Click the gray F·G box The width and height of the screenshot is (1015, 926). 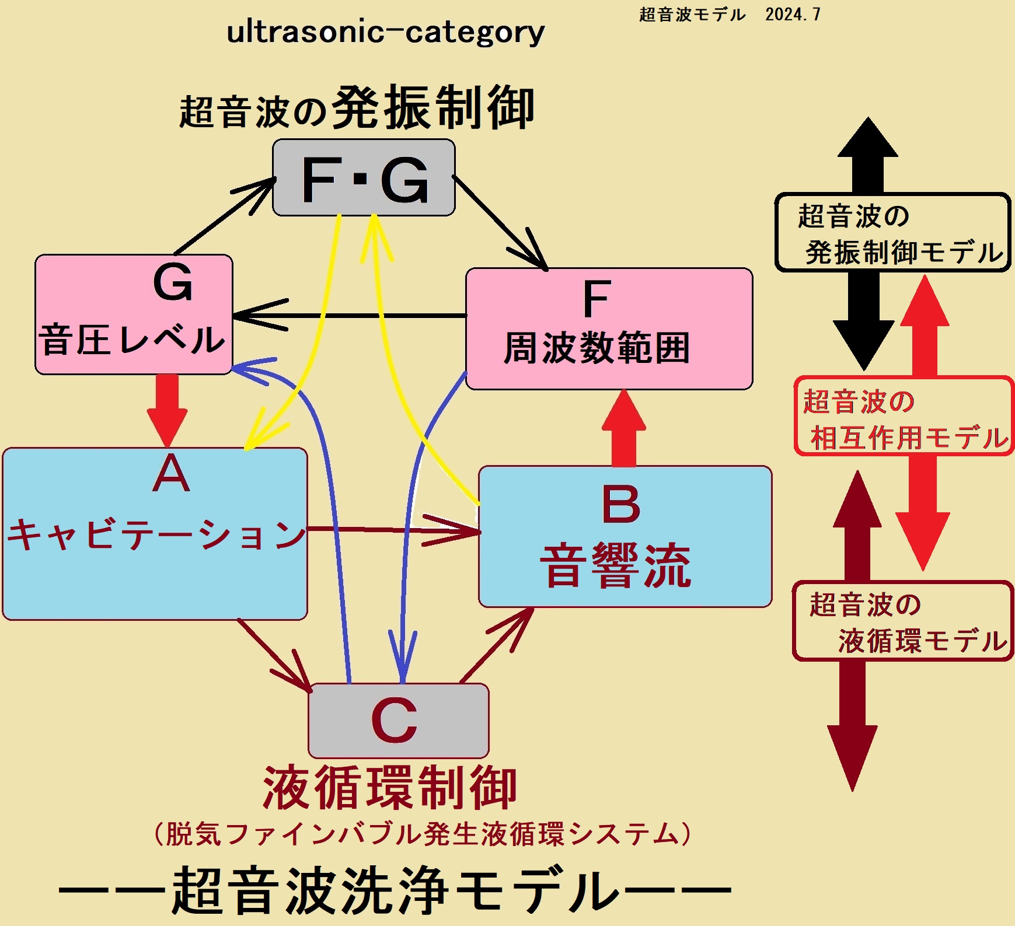click(364, 178)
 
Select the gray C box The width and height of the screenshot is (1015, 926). click(399, 721)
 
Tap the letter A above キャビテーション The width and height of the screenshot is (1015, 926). click(170, 474)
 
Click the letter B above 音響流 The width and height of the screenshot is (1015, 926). click(620, 504)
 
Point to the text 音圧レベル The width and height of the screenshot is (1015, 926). click(132, 340)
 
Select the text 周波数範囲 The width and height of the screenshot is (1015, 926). click(597, 348)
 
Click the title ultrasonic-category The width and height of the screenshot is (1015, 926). click(385, 32)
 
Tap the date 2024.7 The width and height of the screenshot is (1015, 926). click(793, 15)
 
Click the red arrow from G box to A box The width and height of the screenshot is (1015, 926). click(168, 408)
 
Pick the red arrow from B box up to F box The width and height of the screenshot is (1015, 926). click(623, 429)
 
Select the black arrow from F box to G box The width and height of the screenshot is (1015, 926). click(350, 316)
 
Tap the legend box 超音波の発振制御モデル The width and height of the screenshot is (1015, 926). click(892, 233)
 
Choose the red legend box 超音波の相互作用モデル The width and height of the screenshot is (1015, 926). click(904, 416)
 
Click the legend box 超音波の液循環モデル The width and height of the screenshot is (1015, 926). click(902, 621)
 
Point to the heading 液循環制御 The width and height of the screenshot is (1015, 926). click(390, 788)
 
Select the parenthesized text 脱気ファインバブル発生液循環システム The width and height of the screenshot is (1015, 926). click(422, 834)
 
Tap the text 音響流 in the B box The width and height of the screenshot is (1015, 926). click(616, 565)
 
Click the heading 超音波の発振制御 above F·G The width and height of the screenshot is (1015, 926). click(357, 109)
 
